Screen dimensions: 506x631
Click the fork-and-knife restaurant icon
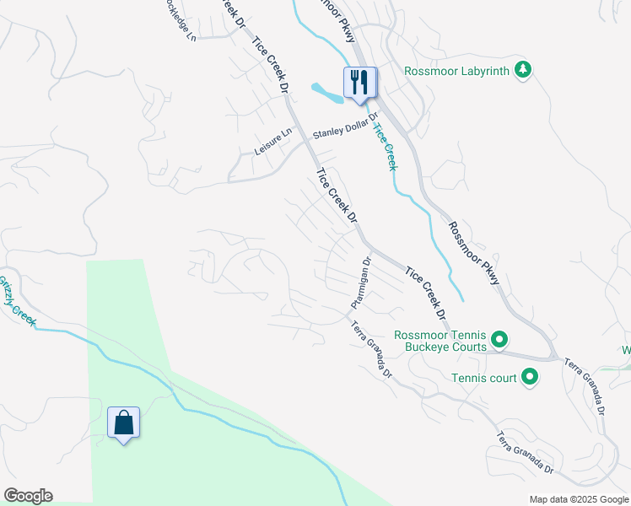coord(360,83)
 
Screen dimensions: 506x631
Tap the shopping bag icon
coord(124,423)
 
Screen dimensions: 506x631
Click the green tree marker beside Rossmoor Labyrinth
coord(524,70)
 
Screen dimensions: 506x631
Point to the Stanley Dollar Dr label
coord(348,133)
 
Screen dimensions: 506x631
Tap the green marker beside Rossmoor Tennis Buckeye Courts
coord(499,340)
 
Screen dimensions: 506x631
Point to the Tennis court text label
coord(483,378)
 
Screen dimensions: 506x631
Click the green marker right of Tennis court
coord(530,377)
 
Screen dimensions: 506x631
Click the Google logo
coord(28,496)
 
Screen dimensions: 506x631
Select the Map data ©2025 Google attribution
coord(579,499)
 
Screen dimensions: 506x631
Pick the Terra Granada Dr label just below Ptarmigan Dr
coord(372,351)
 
